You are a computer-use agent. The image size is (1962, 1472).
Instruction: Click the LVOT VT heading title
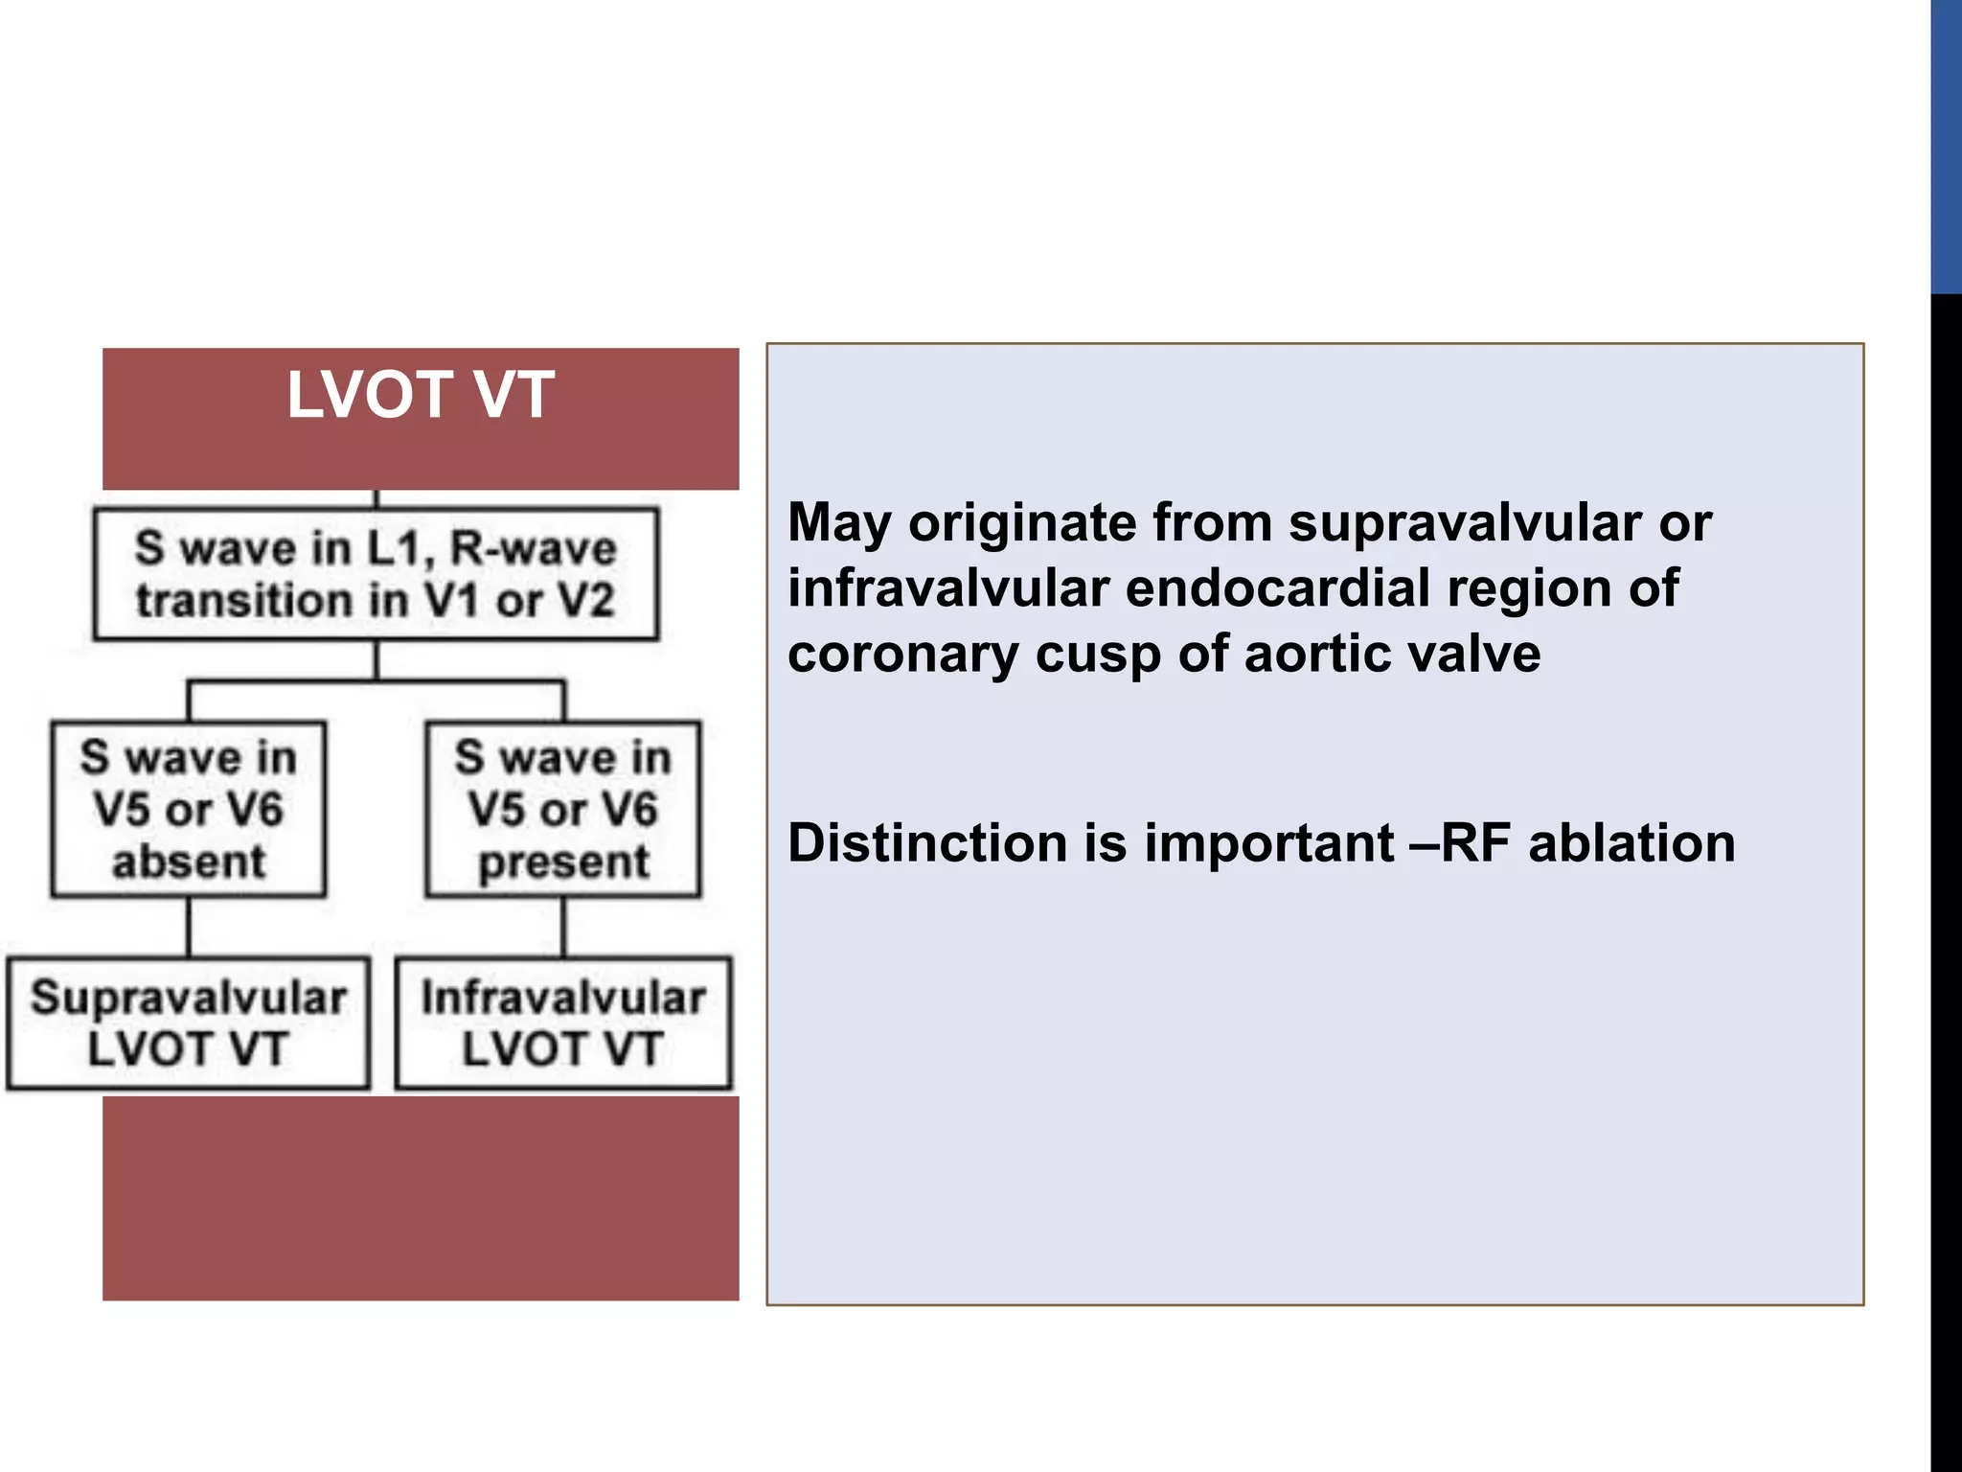pos(420,395)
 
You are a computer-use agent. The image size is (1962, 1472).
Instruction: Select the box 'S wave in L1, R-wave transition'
pos(376,573)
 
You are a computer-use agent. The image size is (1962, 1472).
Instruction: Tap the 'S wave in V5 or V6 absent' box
pos(189,809)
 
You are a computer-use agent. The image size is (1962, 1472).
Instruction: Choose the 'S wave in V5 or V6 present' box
pos(563,809)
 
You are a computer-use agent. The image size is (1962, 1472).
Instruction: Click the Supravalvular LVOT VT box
pos(188,1023)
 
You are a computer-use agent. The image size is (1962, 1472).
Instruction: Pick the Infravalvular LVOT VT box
pos(563,1023)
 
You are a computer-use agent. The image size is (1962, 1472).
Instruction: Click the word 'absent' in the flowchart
pos(189,861)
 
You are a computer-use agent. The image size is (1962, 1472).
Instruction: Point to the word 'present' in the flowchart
pos(563,861)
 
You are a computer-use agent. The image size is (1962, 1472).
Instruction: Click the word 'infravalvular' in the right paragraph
pos(947,588)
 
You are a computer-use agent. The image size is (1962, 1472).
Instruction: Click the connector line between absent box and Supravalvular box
pos(189,927)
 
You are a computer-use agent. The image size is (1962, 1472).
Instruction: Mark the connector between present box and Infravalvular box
pos(563,927)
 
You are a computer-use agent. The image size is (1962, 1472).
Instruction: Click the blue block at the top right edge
pos(1946,144)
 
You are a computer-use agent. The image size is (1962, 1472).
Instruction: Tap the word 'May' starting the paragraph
pos(840,523)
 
